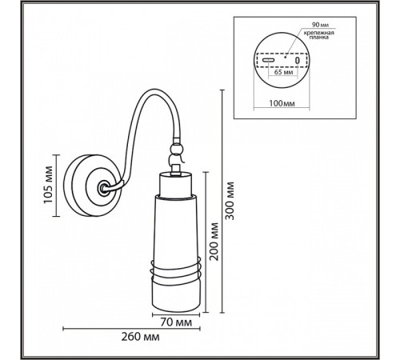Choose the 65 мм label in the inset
[x=281, y=70]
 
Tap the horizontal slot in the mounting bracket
[x=267, y=60]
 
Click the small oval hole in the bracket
[x=297, y=60]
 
